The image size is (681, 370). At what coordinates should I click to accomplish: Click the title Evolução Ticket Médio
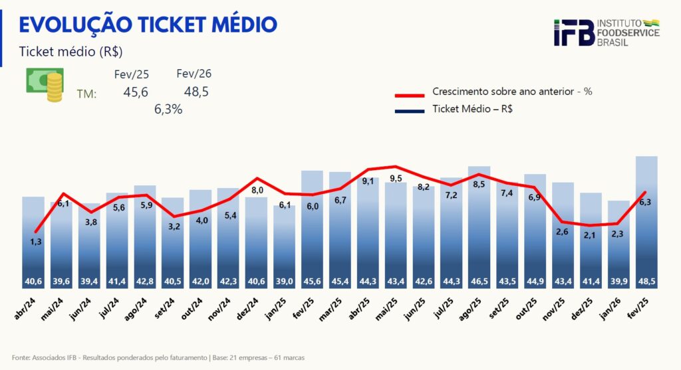point(148,25)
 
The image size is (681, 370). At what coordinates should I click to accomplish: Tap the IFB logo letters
point(573,33)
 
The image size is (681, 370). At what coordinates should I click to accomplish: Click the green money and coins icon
point(45,85)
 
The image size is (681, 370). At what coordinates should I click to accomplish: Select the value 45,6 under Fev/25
point(136,92)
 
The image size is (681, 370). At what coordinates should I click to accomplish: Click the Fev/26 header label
point(194,74)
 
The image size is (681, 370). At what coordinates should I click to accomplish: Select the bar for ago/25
point(479,226)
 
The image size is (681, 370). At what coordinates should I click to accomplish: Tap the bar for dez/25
point(591,239)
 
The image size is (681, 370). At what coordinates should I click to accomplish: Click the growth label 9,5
point(396,178)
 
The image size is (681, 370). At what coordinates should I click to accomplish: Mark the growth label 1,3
point(36,242)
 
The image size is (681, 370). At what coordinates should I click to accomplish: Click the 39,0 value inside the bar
point(285,282)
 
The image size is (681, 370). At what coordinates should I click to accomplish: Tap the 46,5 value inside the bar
point(479,282)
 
